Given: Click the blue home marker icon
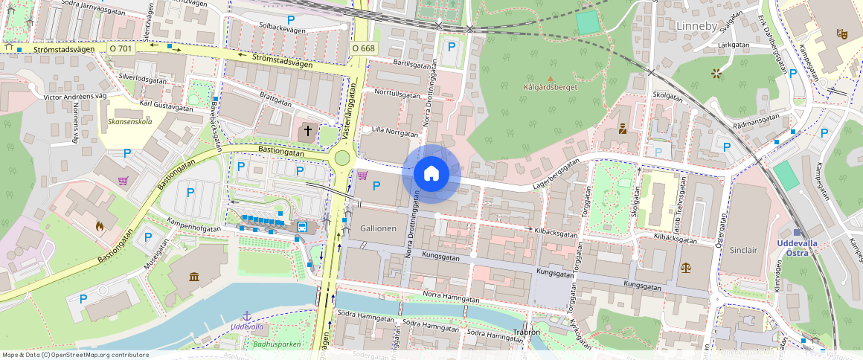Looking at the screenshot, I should click(x=431, y=174).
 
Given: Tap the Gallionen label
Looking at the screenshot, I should click(x=378, y=228).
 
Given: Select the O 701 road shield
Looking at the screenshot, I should click(x=121, y=48).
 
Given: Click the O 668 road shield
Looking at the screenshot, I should click(x=364, y=48).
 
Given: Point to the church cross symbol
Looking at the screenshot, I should click(x=307, y=132).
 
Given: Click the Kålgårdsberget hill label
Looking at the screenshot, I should click(x=551, y=87).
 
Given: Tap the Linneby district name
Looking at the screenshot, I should click(x=696, y=26).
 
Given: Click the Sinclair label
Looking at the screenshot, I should click(x=743, y=250).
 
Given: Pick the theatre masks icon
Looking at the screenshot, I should click(x=842, y=33).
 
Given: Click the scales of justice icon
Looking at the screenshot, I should click(x=685, y=267).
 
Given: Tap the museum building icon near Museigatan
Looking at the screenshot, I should click(x=194, y=277).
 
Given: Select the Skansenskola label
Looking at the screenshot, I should click(x=129, y=120).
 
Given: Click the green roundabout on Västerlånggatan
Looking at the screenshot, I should click(x=342, y=158).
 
